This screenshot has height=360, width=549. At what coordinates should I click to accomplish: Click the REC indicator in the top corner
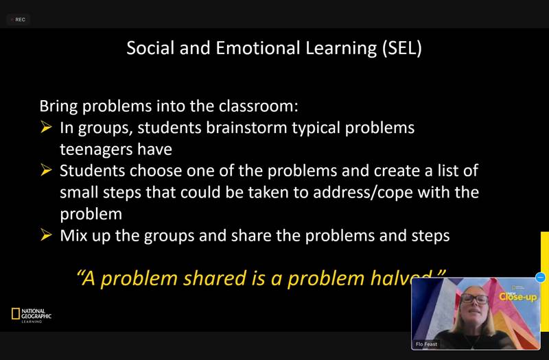[x=19, y=20]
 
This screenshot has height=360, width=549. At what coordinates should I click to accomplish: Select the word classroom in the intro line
[x=259, y=106]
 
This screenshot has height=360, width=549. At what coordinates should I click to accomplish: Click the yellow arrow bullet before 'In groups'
[x=46, y=127]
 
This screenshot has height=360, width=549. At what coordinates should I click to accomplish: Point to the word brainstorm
[x=246, y=128]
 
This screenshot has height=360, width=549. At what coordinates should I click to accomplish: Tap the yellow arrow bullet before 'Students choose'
[x=46, y=169]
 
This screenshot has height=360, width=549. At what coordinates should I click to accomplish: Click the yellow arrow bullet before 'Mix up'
[x=46, y=235]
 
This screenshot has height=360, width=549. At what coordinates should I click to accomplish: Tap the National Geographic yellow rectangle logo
[x=15, y=313]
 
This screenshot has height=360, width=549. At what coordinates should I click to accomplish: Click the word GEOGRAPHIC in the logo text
[x=36, y=316]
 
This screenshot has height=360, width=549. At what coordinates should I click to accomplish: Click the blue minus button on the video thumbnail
[x=540, y=278]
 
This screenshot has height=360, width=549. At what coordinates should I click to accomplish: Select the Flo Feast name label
[x=426, y=344]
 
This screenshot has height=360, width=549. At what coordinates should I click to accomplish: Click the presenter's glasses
[x=474, y=299]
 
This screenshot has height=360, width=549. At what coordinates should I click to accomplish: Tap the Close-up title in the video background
[x=518, y=297]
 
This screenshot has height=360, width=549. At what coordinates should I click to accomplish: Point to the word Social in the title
[x=150, y=48]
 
